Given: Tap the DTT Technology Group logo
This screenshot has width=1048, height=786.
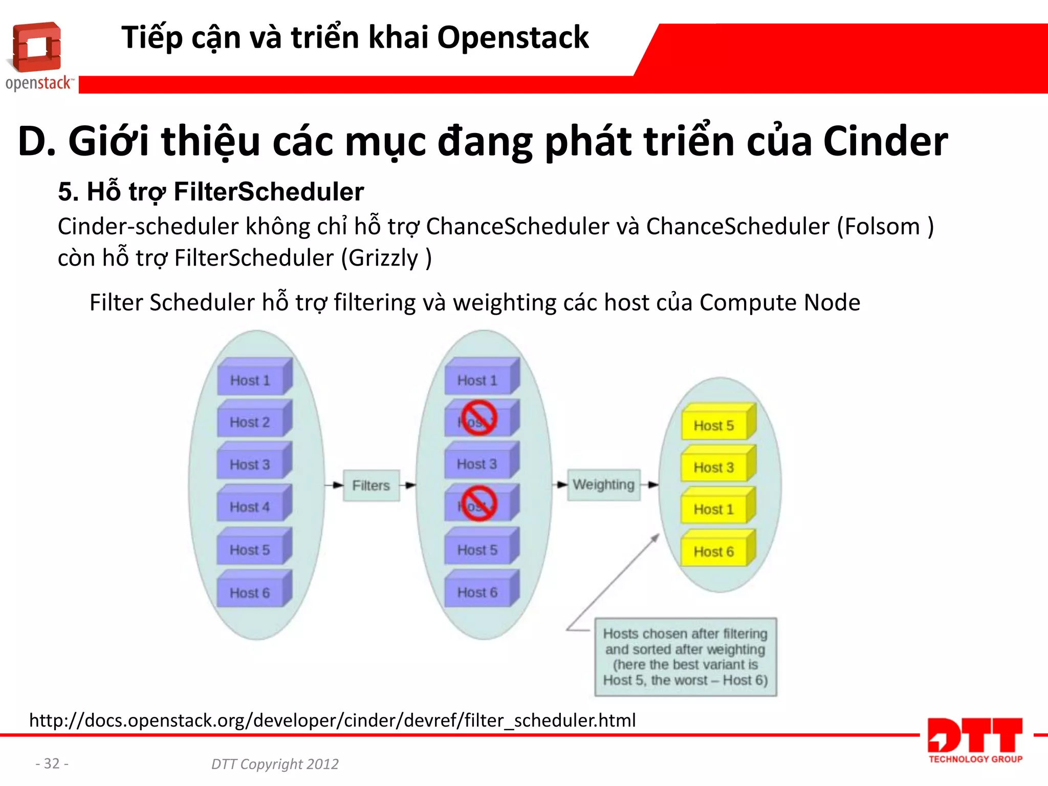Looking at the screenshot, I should click(975, 740).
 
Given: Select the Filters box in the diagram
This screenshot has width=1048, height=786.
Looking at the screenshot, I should click(371, 485).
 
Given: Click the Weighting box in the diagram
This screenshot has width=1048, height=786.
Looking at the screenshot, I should click(603, 485).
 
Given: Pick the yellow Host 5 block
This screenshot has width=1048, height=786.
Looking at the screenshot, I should click(715, 424).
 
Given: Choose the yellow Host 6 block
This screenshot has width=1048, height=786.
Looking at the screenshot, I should click(715, 551).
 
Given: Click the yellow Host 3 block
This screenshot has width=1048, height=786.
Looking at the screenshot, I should click(715, 466).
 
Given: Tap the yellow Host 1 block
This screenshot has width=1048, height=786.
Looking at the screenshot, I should click(715, 509).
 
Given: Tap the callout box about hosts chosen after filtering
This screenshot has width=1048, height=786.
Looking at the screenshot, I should click(685, 657).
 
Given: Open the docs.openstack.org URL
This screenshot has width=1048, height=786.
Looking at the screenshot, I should click(333, 720).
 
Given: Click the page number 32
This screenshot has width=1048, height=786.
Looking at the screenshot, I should click(52, 763).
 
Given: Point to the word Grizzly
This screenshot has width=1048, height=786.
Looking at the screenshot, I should click(383, 258).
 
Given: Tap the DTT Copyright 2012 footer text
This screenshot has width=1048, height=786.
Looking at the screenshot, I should click(275, 764).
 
